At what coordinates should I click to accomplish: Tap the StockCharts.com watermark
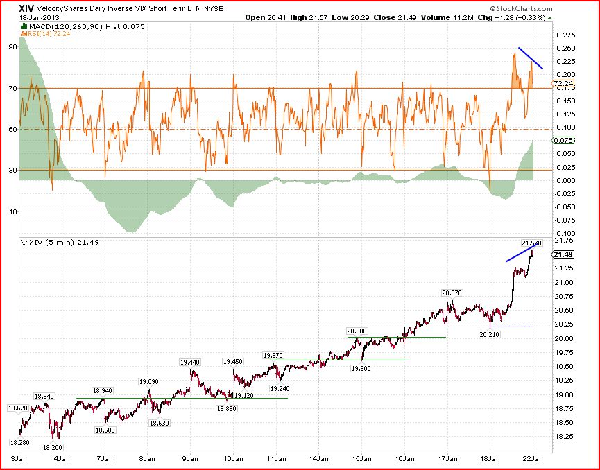(x=521, y=9)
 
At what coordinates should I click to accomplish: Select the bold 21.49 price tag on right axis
(x=563, y=254)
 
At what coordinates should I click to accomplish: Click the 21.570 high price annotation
(x=532, y=243)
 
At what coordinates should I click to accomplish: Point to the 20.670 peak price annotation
(x=452, y=293)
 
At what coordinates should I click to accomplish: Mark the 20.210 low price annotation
(x=490, y=334)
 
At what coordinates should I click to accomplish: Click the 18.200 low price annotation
(x=53, y=447)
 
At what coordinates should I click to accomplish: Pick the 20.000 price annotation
(x=357, y=331)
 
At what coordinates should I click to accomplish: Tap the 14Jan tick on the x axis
(x=319, y=458)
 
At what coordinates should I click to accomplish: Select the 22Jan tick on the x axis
(x=533, y=458)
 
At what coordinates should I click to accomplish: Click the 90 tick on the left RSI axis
(x=13, y=47)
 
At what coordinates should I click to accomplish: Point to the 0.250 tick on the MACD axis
(x=565, y=49)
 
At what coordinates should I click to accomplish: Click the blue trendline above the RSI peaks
(x=531, y=58)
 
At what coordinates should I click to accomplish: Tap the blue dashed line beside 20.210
(x=512, y=327)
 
